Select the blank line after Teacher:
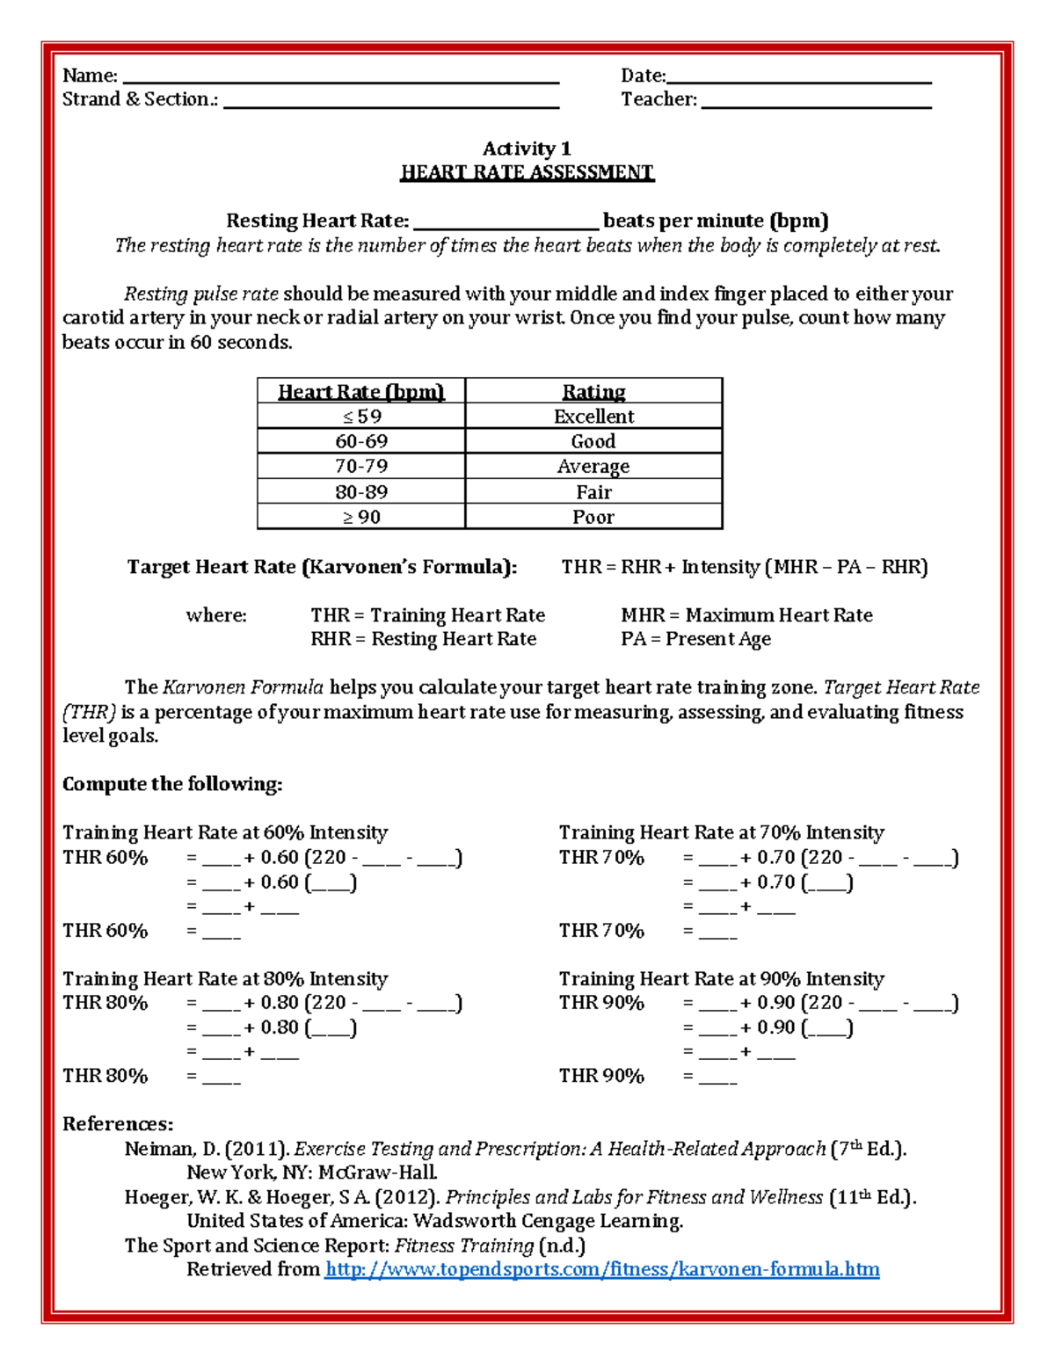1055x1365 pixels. click(x=816, y=103)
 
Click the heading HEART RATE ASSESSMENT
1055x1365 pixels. click(x=527, y=172)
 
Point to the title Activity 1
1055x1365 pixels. click(x=527, y=149)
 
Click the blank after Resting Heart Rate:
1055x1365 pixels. click(x=506, y=223)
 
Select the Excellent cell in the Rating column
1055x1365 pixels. click(x=593, y=416)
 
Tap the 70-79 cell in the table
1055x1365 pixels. click(x=361, y=466)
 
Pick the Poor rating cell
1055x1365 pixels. click(x=593, y=517)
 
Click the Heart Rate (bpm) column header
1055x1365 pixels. click(x=361, y=391)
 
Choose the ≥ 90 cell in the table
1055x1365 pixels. click(x=361, y=517)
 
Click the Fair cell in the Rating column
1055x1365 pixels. click(x=593, y=492)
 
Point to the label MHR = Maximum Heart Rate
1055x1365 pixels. click(x=746, y=615)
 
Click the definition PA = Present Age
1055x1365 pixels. click(x=695, y=639)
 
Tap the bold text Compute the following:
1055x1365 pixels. click(x=172, y=784)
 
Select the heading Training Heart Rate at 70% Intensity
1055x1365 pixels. click(x=722, y=832)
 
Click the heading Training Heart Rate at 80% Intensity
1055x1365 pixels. click(x=225, y=978)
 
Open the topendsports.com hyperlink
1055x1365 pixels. click(x=601, y=1269)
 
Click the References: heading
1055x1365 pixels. click(x=118, y=1124)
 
